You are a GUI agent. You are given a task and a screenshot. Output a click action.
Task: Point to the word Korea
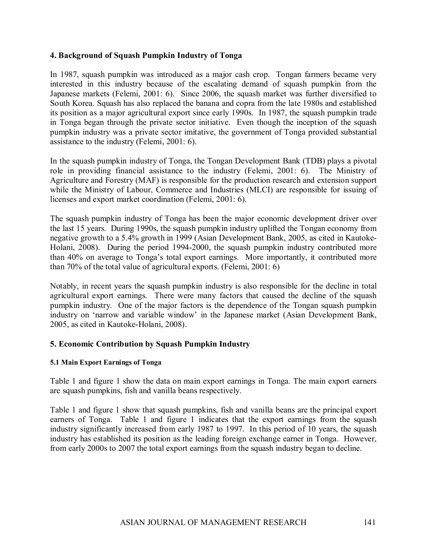coord(84,103)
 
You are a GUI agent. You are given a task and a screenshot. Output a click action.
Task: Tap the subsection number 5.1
coord(55,362)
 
